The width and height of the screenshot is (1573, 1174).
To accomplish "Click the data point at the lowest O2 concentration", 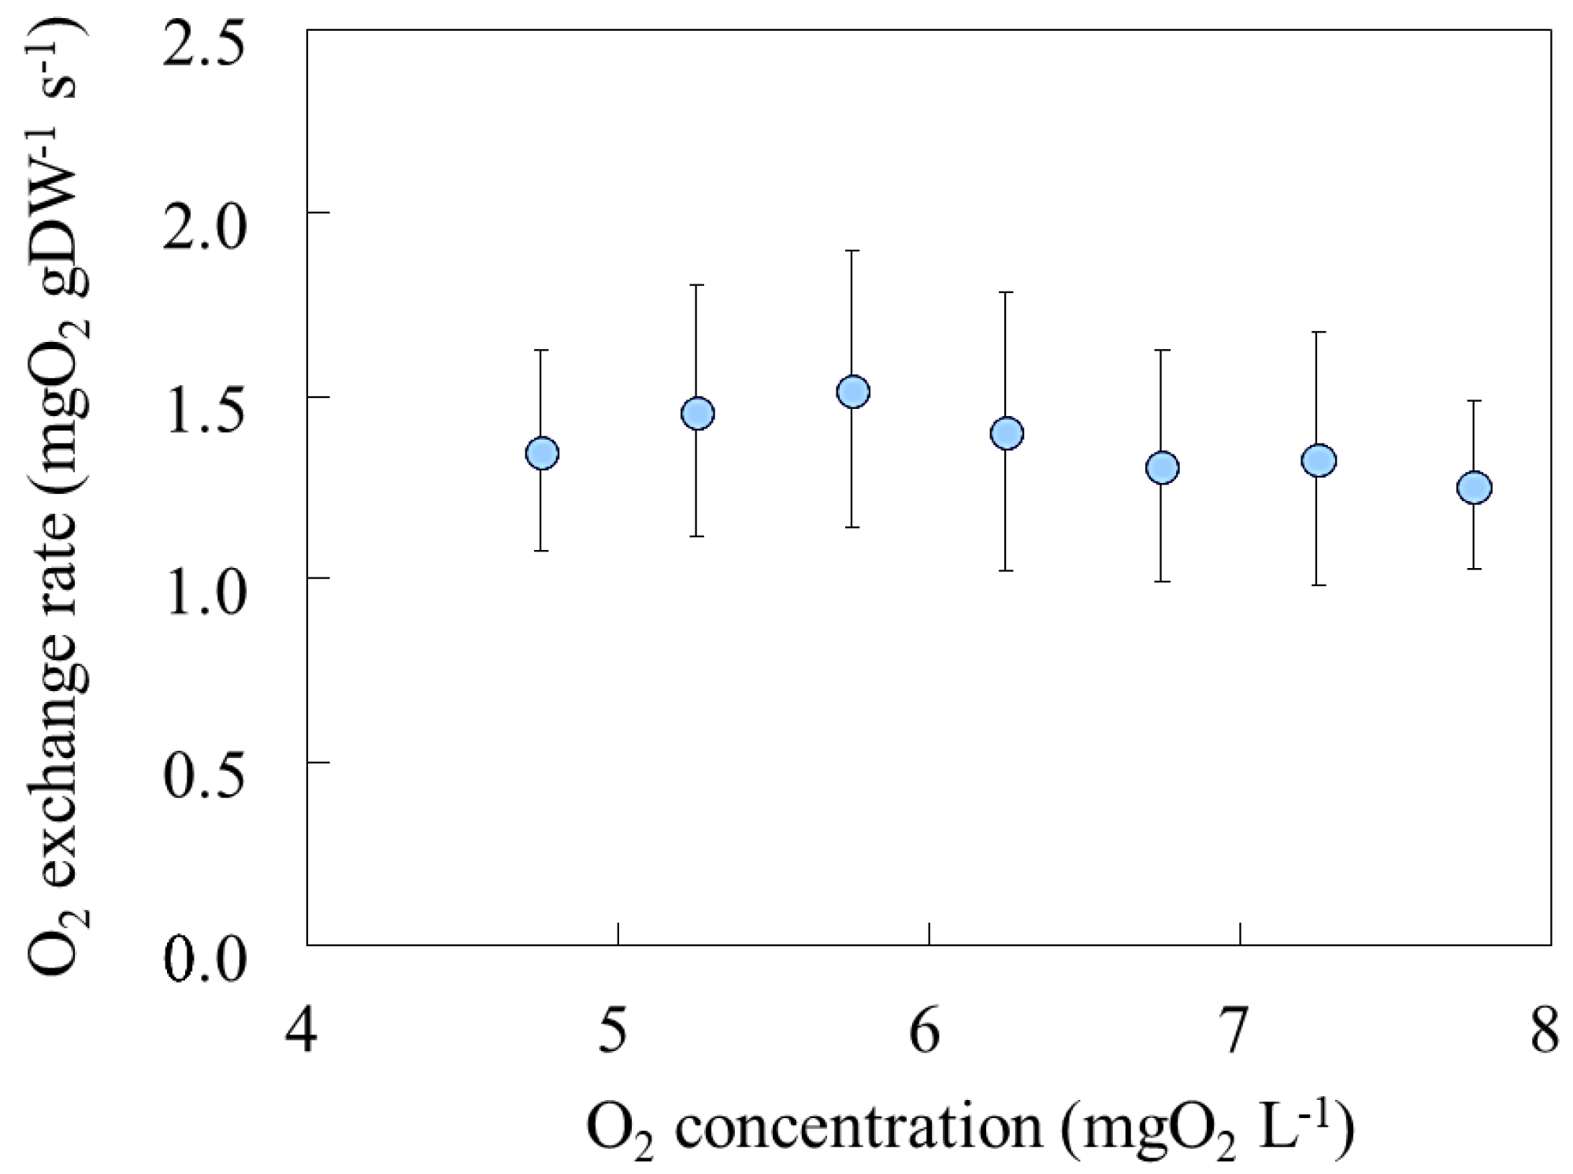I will click(541, 453).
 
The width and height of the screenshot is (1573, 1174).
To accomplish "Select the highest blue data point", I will click(852, 392).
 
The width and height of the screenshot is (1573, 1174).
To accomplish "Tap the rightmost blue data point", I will click(1474, 488).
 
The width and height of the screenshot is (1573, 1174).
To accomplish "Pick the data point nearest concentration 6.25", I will click(1007, 433).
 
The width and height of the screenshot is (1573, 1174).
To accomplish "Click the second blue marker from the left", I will click(697, 413).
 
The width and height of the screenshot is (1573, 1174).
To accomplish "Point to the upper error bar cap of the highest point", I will click(852, 251).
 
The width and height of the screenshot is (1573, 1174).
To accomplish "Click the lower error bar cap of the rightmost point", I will click(1474, 569).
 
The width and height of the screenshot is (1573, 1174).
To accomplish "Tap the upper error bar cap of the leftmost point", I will click(541, 350).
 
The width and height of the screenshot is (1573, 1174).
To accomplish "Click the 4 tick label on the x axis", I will click(302, 1032).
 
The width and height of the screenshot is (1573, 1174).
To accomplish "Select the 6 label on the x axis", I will click(926, 1032).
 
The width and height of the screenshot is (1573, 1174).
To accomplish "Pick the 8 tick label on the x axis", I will click(1545, 1032).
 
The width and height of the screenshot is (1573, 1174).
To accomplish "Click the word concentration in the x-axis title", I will click(859, 1128).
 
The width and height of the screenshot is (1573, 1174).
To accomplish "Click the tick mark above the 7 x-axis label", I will click(1240, 934).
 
